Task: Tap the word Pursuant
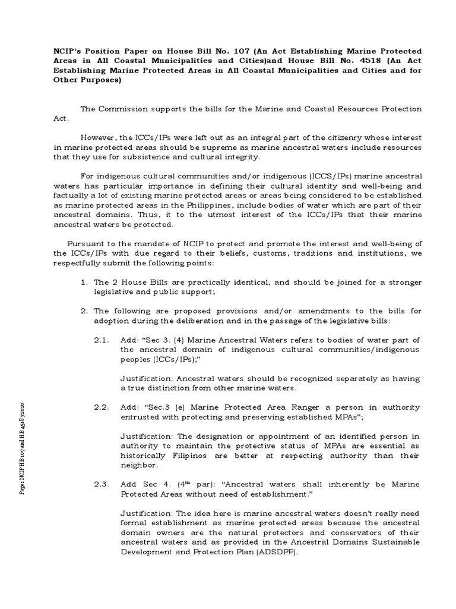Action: (86, 243)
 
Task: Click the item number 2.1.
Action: (102, 340)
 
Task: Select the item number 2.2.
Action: (102, 407)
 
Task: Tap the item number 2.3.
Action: (102, 485)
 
